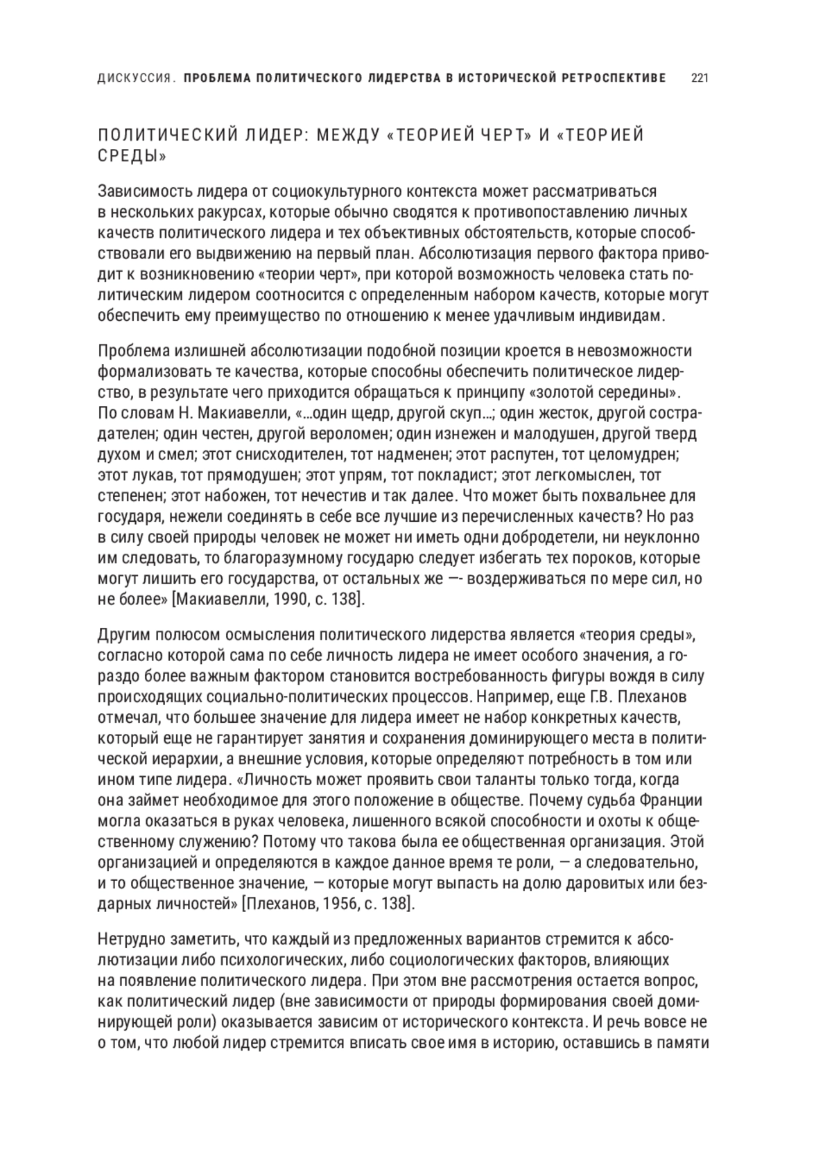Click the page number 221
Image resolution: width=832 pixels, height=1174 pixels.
[x=699, y=78]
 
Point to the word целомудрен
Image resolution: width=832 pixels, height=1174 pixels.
[x=638, y=455]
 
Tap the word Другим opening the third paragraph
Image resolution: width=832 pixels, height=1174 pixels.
[x=125, y=635]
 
